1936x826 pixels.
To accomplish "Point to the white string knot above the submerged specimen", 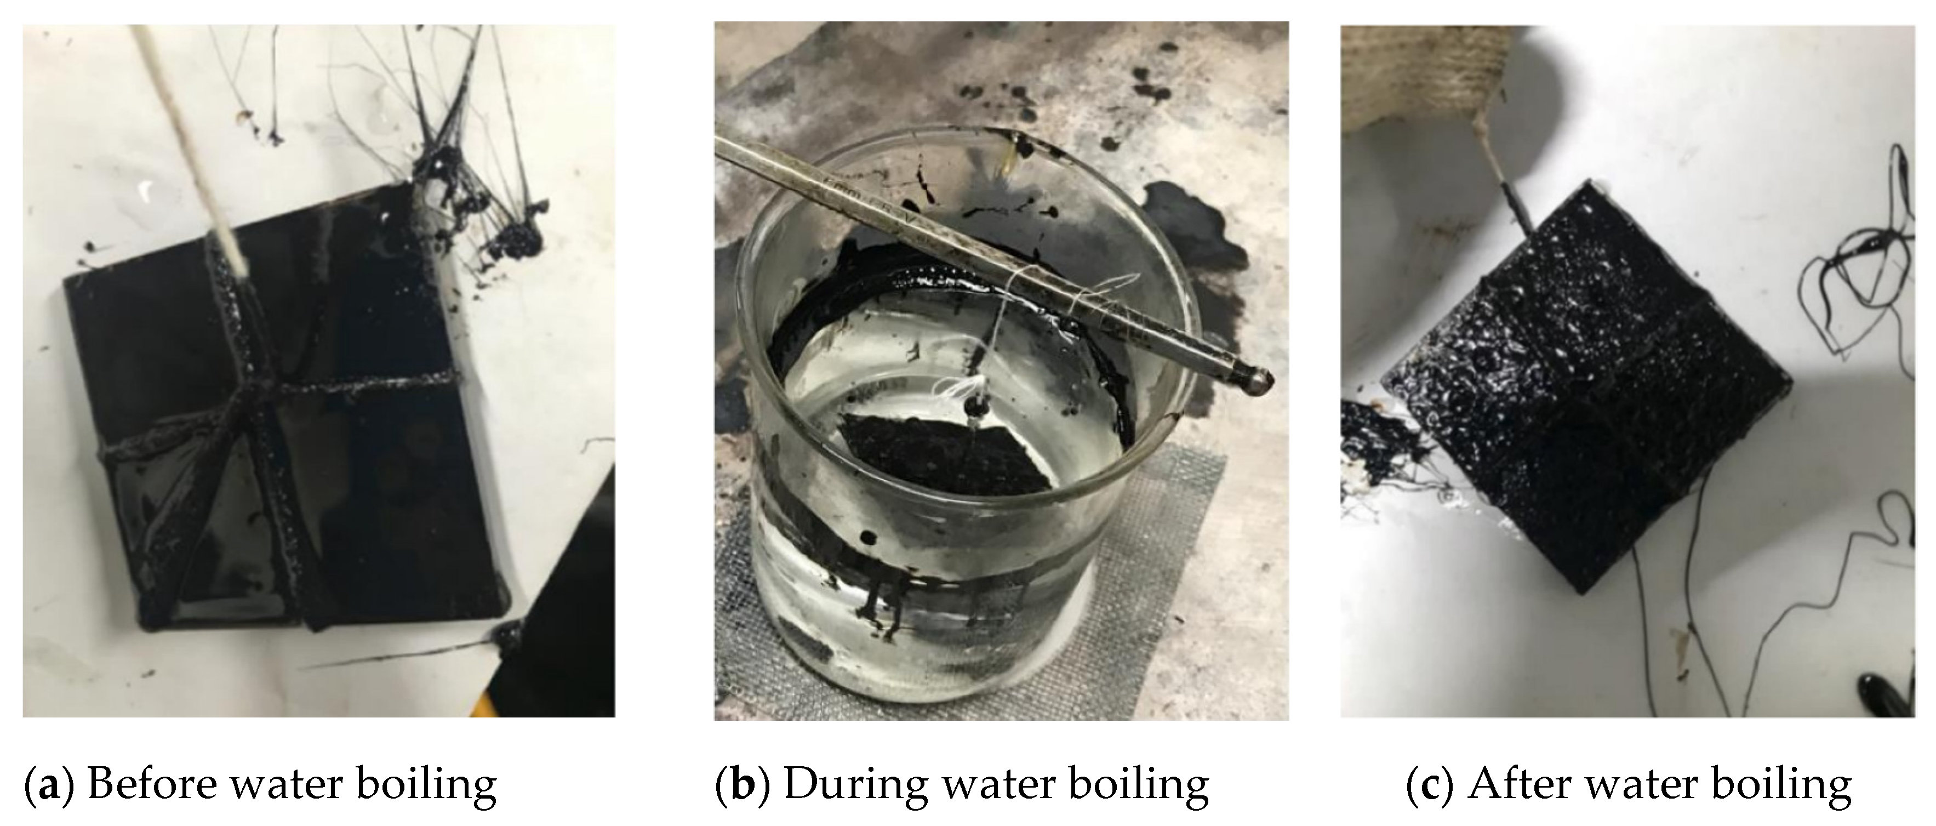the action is click(x=975, y=400).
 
